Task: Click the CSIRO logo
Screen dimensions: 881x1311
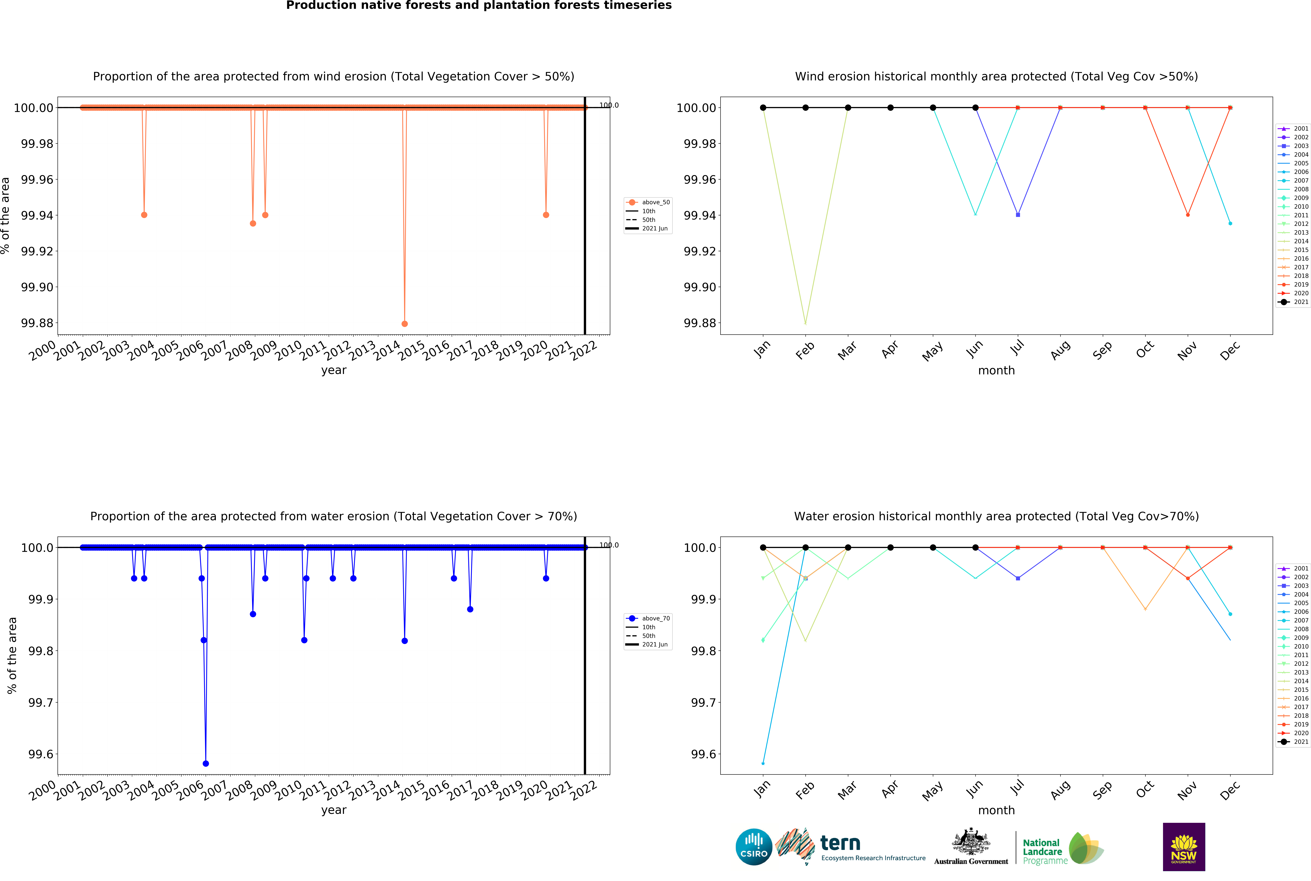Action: tap(754, 847)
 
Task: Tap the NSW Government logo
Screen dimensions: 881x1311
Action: tap(1183, 847)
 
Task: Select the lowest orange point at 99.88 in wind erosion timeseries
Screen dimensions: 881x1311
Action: tap(405, 324)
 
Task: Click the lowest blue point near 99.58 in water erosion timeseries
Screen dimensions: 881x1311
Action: tap(206, 764)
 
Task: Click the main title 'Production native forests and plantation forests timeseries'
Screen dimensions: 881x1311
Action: tap(479, 6)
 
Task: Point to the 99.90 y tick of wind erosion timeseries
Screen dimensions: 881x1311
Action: tap(37, 287)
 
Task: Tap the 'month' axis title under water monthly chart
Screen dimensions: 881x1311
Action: tap(996, 810)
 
